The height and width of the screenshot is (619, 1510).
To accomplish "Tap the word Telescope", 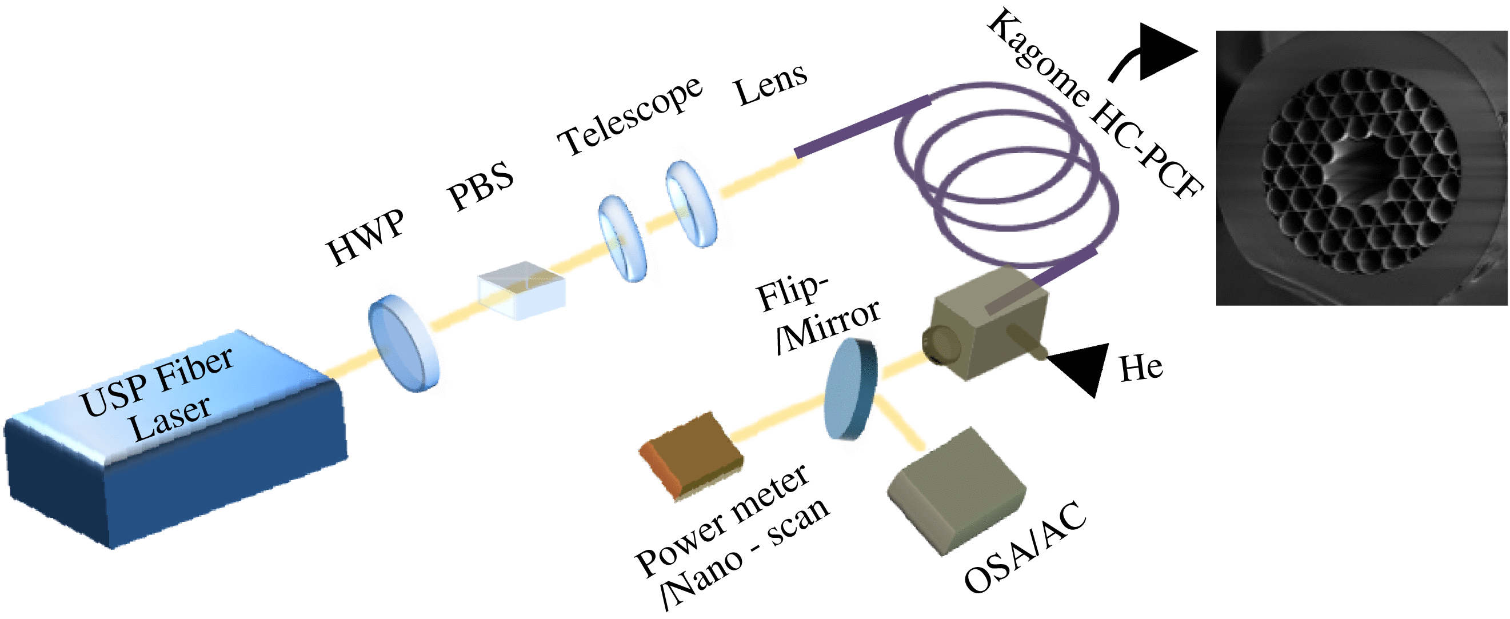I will [630, 115].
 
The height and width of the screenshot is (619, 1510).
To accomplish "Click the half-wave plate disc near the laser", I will [404, 343].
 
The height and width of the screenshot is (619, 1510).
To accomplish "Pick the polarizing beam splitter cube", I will [521, 290].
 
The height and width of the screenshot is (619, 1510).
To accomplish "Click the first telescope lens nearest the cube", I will [622, 238].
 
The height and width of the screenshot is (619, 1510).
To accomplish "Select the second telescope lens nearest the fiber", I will [691, 203].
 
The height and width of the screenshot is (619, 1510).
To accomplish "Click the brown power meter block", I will [691, 454].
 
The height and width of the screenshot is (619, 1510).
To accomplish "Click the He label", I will [1140, 368].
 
